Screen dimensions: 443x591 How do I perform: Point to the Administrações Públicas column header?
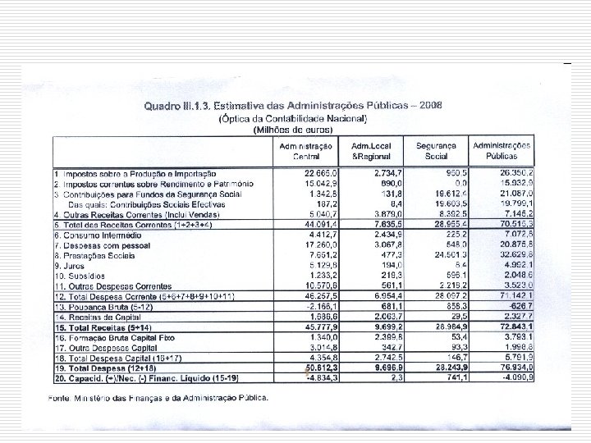pos(502,149)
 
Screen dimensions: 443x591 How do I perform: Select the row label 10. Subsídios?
pos(79,276)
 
